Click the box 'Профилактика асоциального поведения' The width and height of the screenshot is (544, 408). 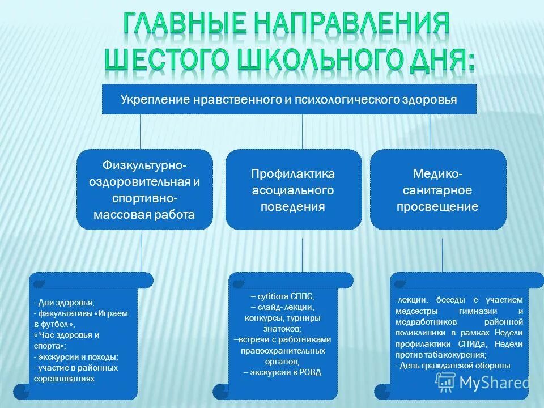coord(293,190)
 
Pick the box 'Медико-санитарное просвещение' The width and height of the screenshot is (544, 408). coord(437,190)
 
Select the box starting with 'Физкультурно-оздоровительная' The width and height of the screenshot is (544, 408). coord(144,190)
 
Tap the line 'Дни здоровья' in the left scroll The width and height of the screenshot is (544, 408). coord(66,303)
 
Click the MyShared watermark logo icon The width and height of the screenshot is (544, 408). coord(445,382)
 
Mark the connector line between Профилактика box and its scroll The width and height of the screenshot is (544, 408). coord(302,254)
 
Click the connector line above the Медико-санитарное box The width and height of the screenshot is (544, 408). coord(430,131)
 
